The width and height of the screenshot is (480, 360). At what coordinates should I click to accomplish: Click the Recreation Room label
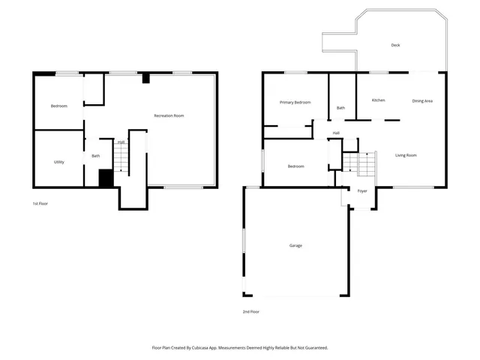coord(169,115)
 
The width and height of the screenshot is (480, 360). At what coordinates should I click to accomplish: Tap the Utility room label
coord(58,162)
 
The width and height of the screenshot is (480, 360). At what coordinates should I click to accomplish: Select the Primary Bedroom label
coord(295,102)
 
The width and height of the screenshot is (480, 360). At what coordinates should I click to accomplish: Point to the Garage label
coord(295,245)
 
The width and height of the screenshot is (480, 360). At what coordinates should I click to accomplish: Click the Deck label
coord(395,45)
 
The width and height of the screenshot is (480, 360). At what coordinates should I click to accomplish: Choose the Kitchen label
coord(379,100)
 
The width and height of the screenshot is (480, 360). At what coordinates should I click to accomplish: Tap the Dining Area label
coord(422,100)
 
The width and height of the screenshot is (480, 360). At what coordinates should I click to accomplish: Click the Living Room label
coord(406,155)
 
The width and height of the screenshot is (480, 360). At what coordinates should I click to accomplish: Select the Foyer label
coord(361,191)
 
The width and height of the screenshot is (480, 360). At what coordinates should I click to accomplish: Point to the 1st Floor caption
coord(40,203)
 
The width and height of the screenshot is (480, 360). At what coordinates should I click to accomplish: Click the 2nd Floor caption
coord(250,311)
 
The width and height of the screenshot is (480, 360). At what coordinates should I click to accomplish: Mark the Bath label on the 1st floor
coord(96,156)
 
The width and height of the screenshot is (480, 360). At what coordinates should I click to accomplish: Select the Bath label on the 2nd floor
coord(340,108)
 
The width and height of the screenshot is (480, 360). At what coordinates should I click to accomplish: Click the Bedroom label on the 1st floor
coord(58,106)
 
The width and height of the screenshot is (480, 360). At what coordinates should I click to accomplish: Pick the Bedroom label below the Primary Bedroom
coord(295,166)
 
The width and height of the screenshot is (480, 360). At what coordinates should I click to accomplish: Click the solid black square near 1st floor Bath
coord(106,178)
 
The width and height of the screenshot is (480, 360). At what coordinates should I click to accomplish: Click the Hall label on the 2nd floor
coord(336,133)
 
